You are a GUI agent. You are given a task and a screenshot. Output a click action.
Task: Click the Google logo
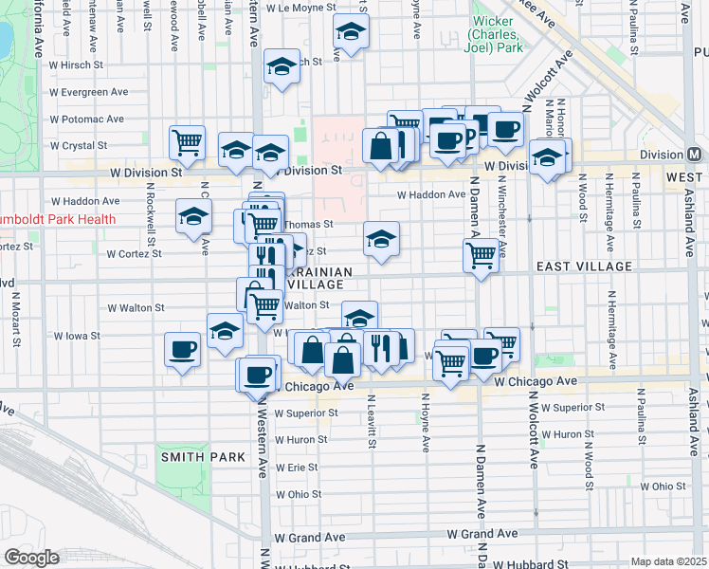(31, 558)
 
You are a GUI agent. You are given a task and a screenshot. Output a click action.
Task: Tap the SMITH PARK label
(202, 457)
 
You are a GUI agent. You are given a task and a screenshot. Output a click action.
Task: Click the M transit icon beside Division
(695, 155)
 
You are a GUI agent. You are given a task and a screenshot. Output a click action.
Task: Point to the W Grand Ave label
(310, 537)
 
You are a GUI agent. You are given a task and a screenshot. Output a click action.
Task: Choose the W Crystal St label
(79, 146)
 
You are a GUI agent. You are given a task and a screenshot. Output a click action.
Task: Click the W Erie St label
(296, 468)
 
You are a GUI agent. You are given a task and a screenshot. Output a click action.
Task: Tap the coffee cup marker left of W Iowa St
(181, 349)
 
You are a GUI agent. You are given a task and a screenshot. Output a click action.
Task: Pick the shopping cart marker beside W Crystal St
(187, 142)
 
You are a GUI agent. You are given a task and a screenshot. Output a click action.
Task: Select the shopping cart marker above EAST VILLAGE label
(481, 254)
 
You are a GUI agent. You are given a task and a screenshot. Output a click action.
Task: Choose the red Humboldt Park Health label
(58, 219)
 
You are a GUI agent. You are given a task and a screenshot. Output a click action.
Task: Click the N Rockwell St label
(150, 211)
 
